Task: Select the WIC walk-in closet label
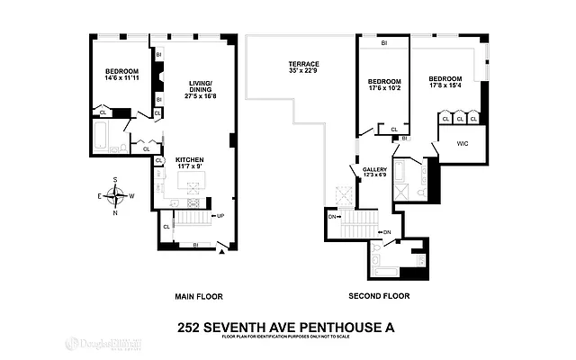point(462,142)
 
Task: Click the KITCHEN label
point(189,158)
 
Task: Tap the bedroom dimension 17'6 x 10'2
point(382,87)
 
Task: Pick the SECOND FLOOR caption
point(378,295)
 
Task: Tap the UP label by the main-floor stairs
point(220,216)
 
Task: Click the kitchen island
point(192,185)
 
